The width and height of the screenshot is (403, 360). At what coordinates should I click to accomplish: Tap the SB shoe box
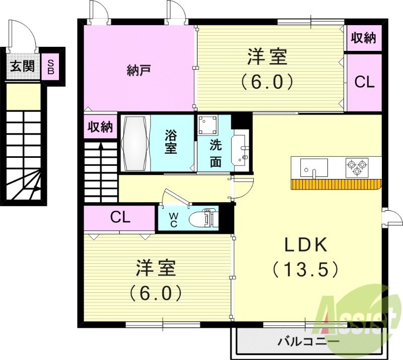[51, 66]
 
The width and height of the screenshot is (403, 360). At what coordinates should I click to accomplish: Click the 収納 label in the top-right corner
[364, 38]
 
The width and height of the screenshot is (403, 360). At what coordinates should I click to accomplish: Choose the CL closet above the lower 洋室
[120, 218]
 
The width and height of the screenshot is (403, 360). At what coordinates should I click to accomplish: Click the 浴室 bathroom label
[171, 143]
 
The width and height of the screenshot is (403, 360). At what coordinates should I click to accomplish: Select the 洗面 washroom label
[215, 154]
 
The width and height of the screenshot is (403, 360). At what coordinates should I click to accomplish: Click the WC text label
[173, 219]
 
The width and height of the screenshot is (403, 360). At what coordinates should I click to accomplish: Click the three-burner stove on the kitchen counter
[357, 167]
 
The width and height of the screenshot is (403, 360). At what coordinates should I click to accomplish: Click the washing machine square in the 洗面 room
[207, 125]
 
